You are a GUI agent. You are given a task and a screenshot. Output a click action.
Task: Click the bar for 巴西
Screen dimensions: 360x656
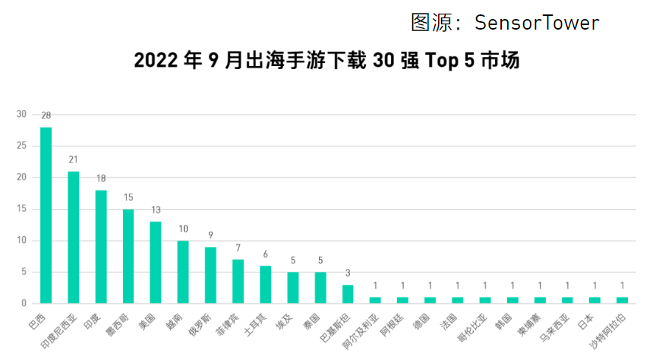click(46, 215)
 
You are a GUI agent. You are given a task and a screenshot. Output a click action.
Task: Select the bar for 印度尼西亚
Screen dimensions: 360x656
click(74, 237)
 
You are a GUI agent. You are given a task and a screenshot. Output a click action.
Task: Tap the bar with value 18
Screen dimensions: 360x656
click(101, 246)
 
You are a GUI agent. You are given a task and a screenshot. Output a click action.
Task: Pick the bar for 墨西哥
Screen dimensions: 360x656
click(128, 256)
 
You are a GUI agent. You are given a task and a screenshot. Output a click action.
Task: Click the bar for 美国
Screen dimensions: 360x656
click(156, 262)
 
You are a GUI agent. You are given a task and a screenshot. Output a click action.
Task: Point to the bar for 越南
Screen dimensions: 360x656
click(183, 272)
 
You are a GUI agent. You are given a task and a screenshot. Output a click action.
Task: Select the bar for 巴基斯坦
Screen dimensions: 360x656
click(348, 294)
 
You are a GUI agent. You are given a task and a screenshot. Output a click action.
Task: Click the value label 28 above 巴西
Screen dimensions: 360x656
click(46, 115)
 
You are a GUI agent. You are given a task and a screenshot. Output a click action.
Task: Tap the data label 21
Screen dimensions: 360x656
click(74, 159)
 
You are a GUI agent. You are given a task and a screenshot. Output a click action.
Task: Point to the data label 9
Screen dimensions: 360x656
click(210, 235)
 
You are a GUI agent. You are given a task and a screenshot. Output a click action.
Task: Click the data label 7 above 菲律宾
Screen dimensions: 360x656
click(238, 248)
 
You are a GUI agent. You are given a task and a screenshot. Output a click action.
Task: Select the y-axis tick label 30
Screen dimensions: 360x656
click(21, 114)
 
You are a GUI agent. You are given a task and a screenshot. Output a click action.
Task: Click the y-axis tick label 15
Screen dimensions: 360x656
click(21, 209)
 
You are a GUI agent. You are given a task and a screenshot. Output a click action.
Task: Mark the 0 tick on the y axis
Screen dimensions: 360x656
click(24, 304)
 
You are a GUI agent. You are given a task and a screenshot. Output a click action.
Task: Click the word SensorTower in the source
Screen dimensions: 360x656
click(537, 23)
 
